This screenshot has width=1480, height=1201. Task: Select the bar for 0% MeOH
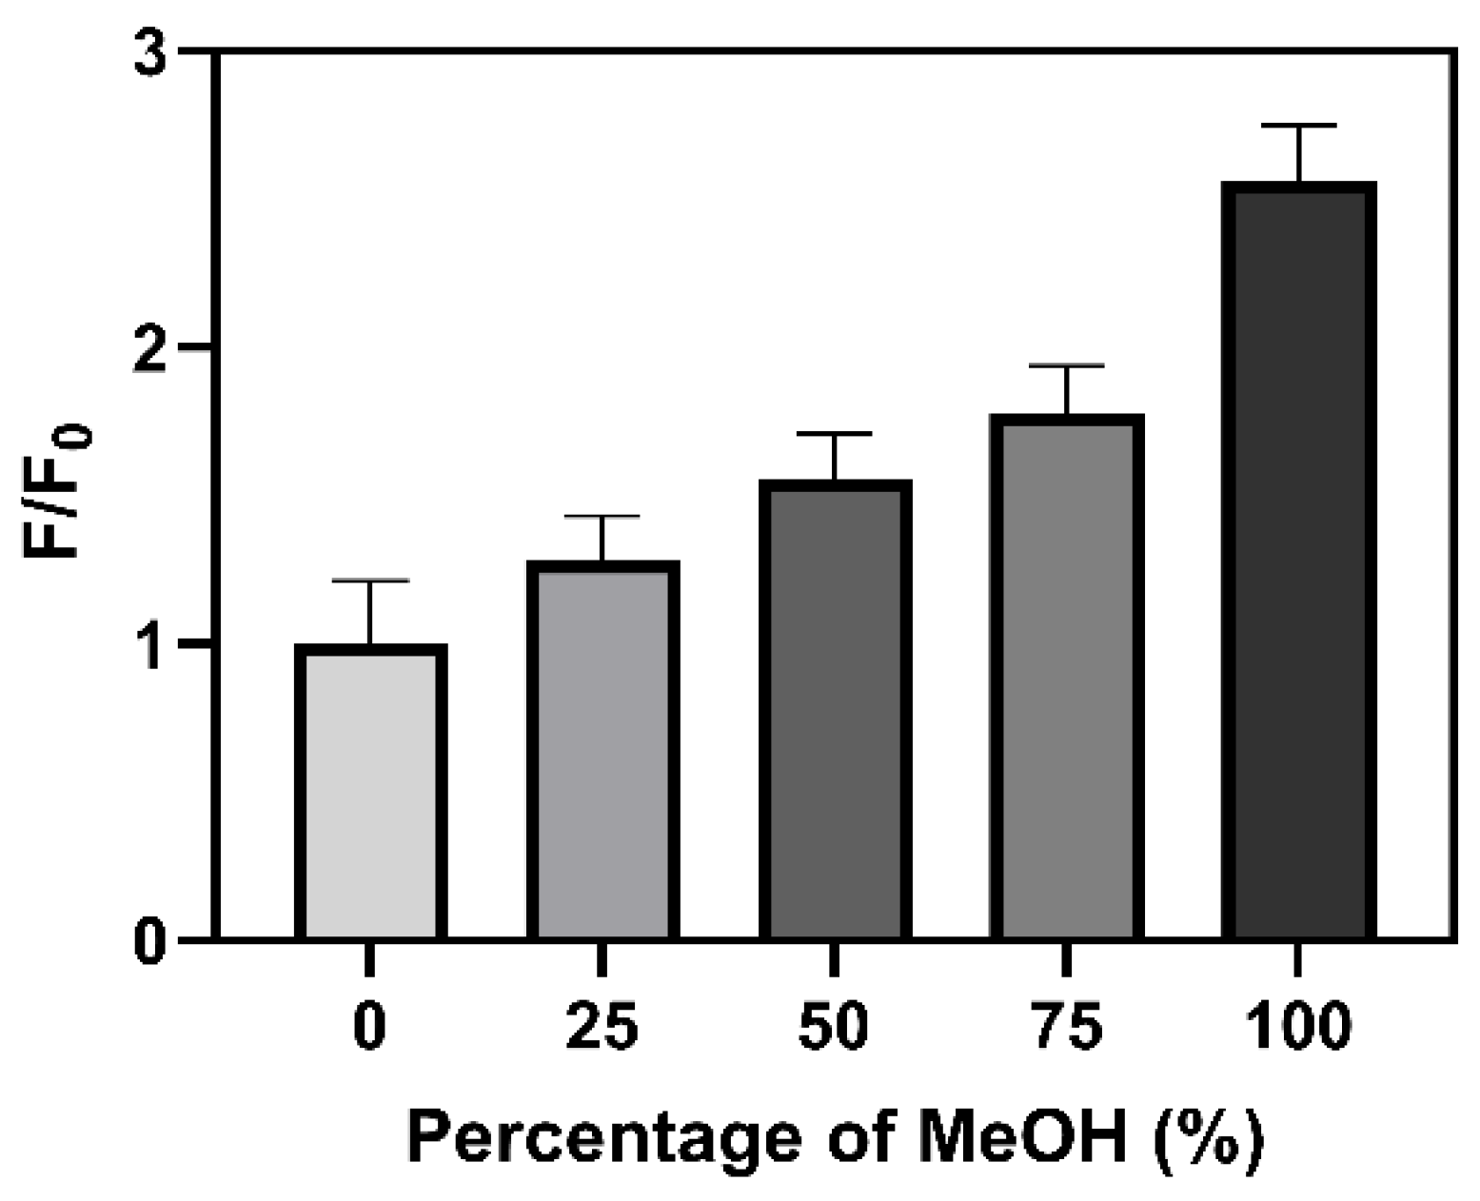(370, 792)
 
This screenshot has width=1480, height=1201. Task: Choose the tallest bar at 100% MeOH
(1299, 561)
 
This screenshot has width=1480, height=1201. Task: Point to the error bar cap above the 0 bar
(370, 581)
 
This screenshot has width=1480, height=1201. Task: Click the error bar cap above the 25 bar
(602, 516)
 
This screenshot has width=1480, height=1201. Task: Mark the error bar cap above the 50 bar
(835, 434)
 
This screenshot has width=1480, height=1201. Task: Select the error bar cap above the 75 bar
(1067, 365)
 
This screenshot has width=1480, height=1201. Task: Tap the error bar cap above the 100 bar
(1299, 126)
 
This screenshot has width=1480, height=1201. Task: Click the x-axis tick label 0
(369, 1027)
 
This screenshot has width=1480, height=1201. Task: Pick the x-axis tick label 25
(602, 1027)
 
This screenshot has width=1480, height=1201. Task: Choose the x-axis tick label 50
(834, 1027)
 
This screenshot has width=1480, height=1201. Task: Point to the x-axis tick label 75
(1067, 1027)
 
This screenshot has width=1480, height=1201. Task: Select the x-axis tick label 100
(1298, 1027)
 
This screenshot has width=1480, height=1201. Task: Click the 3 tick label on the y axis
(150, 52)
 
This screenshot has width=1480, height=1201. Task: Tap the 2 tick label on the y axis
(150, 348)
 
